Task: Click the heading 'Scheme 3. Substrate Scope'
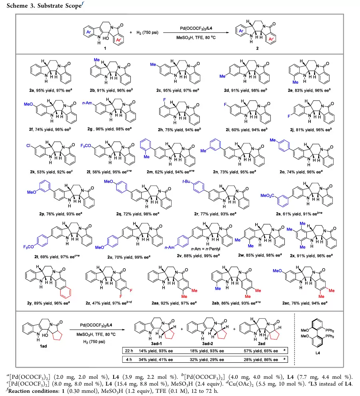pos(44,6)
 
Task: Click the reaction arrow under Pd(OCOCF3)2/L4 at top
pos(196,32)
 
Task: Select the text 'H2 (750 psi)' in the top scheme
pos(147,32)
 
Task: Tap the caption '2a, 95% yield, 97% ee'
pos(50,90)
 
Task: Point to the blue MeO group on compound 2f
pos(28,104)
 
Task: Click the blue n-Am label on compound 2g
pos(87,103)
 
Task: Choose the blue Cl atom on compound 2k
pos(28,146)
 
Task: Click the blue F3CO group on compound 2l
pos(86,146)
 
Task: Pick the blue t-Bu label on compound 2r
pos(186,181)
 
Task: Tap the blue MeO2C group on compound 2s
pos(267,195)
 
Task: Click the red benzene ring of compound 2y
pos(66,292)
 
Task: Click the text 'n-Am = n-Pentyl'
pos(206,249)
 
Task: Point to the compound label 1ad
pos(43,346)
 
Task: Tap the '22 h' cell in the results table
pos(129,351)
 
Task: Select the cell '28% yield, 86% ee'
pos(261,360)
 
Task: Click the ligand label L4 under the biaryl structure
pos(318,353)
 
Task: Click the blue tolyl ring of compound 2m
pos(146,145)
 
